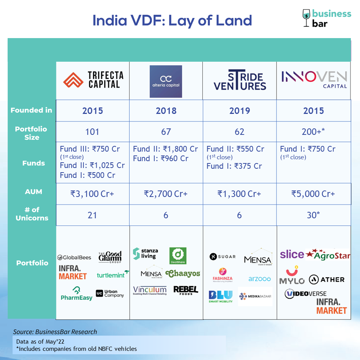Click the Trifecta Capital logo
pyautogui.click(x=93, y=80)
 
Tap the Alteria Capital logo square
pyautogui.click(x=166, y=82)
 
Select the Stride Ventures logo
pyautogui.click(x=240, y=80)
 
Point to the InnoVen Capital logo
pyautogui.click(x=314, y=80)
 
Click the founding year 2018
pyautogui.click(x=166, y=110)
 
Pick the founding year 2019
pyautogui.click(x=240, y=110)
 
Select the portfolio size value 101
pyautogui.click(x=92, y=132)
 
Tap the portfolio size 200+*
pyautogui.click(x=313, y=131)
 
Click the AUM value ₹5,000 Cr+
pyautogui.click(x=313, y=194)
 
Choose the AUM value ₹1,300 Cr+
pyautogui.click(x=239, y=194)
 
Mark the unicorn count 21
pyautogui.click(x=92, y=215)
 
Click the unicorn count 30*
pyautogui.click(x=313, y=215)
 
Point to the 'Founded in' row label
pyautogui.click(x=32, y=110)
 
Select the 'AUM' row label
pyautogui.click(x=34, y=192)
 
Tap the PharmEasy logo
pyautogui.click(x=77, y=294)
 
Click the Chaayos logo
pyautogui.click(x=183, y=274)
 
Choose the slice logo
pyautogui.click(x=292, y=254)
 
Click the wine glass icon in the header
pyautogui.click(x=306, y=18)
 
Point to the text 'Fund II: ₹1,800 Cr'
pyautogui.click(x=165, y=149)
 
